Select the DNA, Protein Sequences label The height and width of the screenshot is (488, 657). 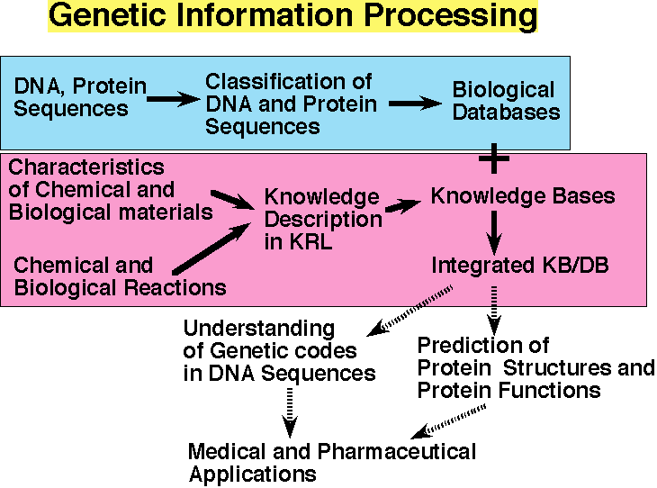[x=80, y=97]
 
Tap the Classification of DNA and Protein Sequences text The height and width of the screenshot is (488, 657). [x=291, y=104]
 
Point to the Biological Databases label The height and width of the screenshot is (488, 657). [x=505, y=101]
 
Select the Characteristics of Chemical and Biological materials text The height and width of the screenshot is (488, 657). [x=111, y=190]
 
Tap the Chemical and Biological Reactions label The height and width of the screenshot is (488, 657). [x=120, y=276]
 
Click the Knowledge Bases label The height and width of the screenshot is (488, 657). [x=523, y=195]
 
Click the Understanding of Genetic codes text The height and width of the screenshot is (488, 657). [x=279, y=350]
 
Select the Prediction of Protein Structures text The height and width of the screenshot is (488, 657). [x=535, y=367]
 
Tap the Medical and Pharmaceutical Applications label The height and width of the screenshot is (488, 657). [x=332, y=462]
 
